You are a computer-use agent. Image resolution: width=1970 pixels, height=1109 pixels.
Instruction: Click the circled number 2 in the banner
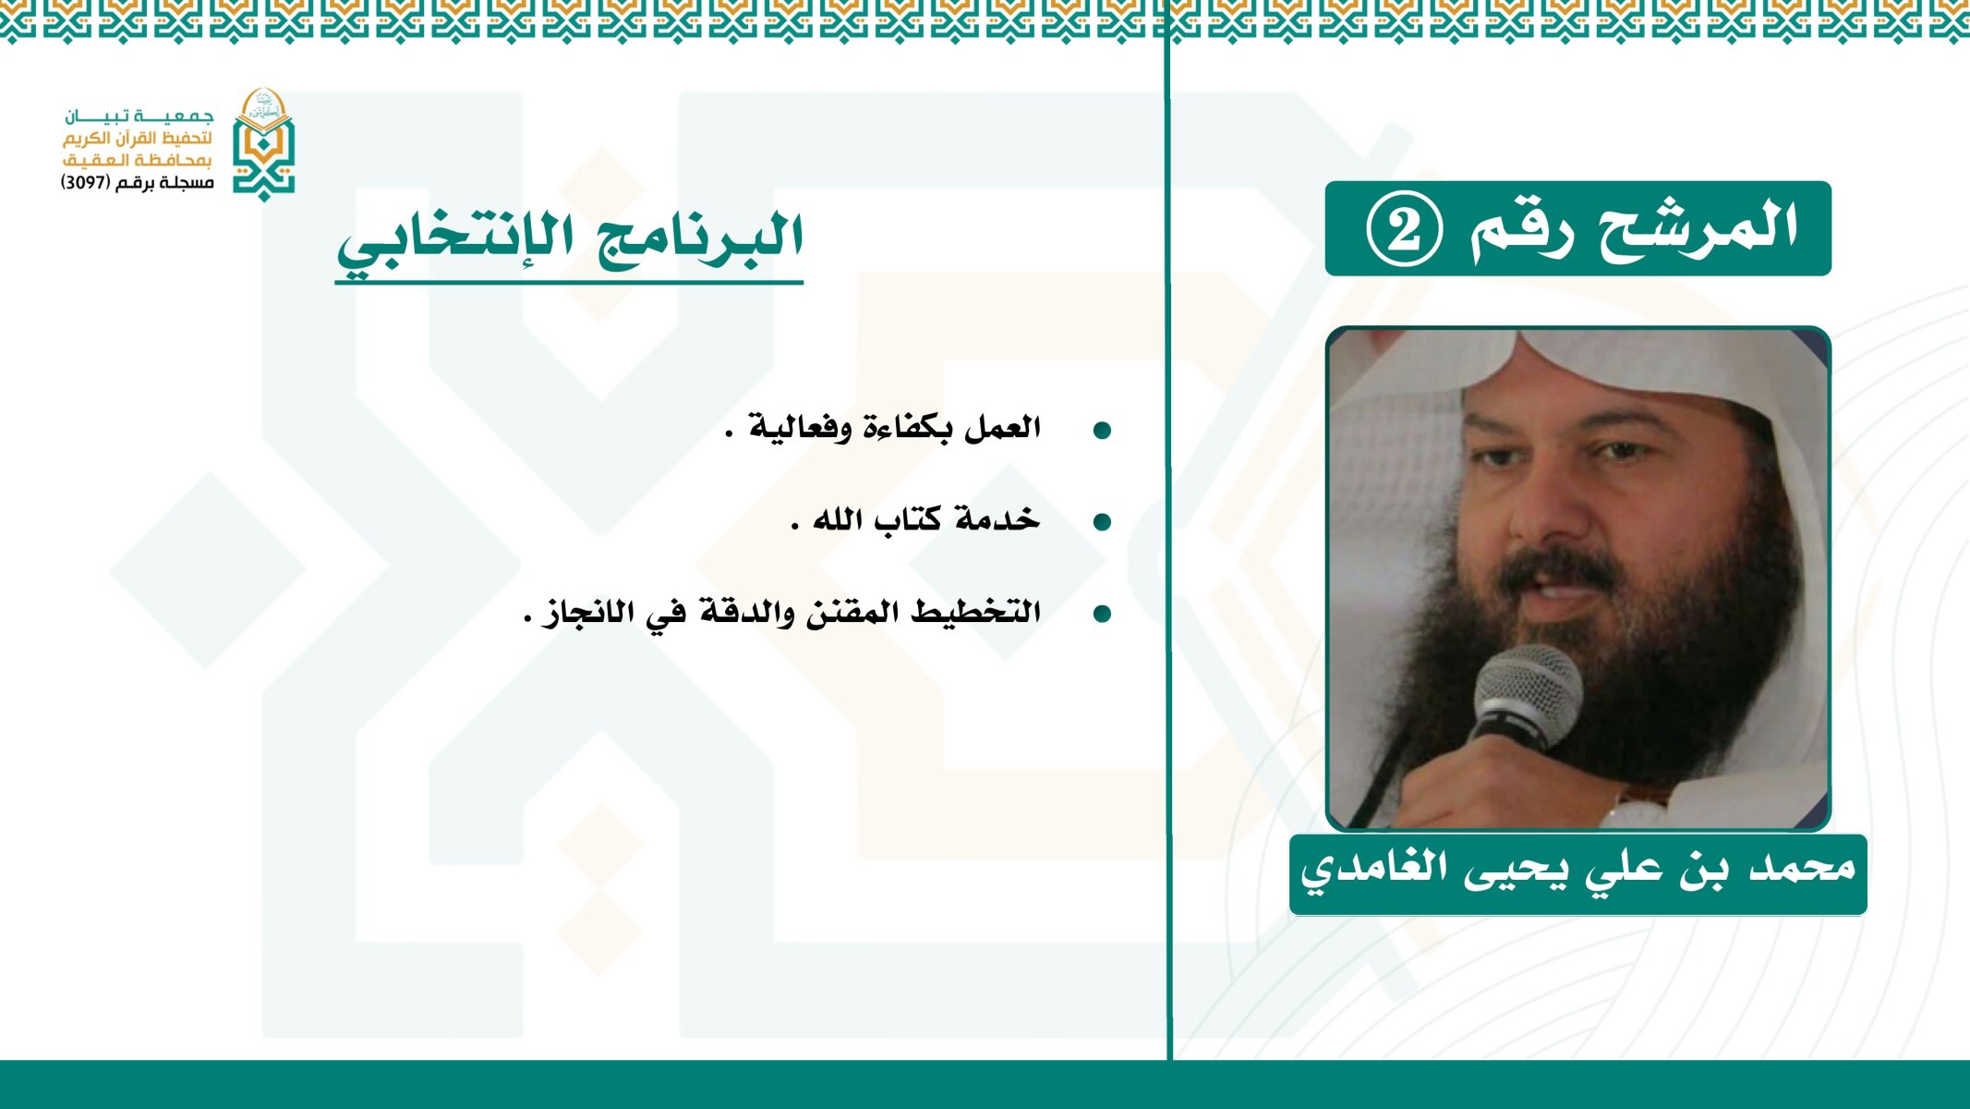(1404, 229)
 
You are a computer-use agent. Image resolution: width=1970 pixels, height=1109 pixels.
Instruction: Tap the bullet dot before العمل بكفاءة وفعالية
(1101, 431)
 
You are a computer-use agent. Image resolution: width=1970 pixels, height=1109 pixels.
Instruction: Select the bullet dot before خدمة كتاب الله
(1101, 522)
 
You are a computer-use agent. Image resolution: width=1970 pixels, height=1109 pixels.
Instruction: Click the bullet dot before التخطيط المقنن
(1101, 614)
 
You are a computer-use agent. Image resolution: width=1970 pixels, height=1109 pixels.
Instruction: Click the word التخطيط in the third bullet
(975, 612)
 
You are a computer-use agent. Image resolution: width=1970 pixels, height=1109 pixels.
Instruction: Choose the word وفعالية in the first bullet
(799, 428)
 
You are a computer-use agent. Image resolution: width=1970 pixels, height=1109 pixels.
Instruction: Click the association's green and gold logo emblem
(263, 145)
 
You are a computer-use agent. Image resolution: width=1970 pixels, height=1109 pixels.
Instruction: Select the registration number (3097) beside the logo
(87, 183)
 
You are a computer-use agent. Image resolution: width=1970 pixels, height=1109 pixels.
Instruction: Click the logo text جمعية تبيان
(139, 116)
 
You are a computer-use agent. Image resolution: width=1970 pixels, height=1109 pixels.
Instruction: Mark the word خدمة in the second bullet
(997, 519)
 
